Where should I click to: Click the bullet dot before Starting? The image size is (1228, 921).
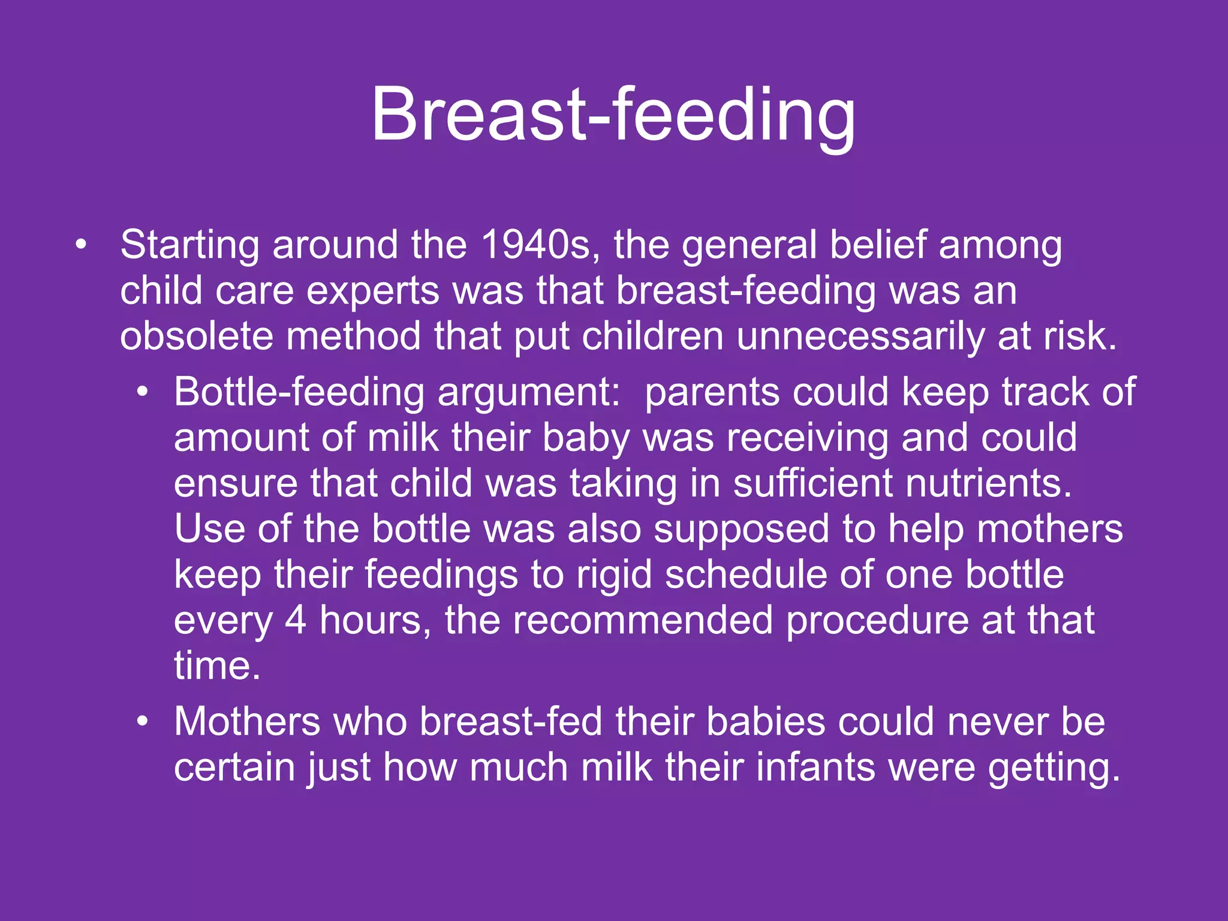(x=81, y=245)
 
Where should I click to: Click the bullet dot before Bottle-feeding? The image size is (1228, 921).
(x=142, y=393)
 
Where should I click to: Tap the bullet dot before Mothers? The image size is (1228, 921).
(x=142, y=722)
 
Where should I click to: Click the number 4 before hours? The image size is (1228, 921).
(x=295, y=620)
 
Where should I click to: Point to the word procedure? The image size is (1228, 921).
(x=877, y=621)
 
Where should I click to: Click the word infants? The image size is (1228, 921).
(x=815, y=767)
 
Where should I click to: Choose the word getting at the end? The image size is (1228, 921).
(x=1054, y=769)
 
